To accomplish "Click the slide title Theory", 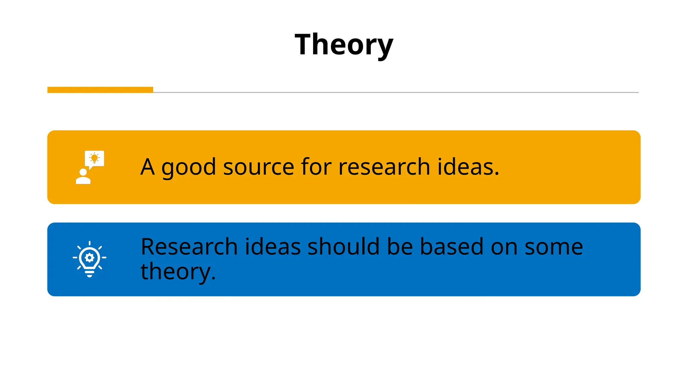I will (x=344, y=45).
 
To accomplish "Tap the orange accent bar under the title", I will (x=100, y=90).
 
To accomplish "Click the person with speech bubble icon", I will (x=90, y=167).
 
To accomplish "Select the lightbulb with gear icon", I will (x=89, y=259).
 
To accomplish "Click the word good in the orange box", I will (x=188, y=167).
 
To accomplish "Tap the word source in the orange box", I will (x=259, y=167).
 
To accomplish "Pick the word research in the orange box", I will (x=384, y=167).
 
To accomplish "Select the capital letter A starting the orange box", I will (x=147, y=167).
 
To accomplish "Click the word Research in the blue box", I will (x=189, y=247).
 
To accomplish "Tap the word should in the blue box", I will (x=344, y=247).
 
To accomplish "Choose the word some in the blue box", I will (x=554, y=247).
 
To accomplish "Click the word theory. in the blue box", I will (x=178, y=271).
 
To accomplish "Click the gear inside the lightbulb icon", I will (x=89, y=258).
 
